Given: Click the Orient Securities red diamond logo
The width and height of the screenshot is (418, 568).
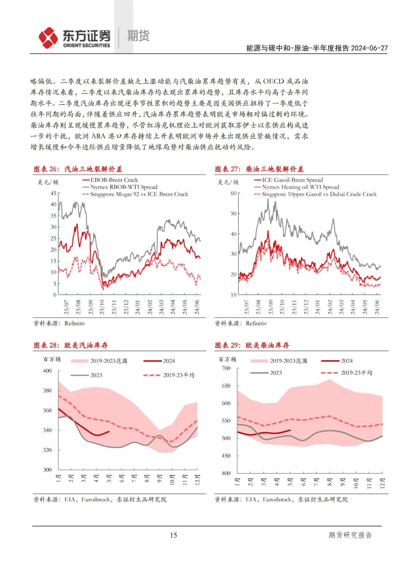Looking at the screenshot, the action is point(48,38).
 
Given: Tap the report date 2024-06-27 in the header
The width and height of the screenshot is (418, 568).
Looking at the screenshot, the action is point(369,48).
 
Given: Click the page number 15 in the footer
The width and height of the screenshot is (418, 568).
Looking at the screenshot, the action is point(173,535).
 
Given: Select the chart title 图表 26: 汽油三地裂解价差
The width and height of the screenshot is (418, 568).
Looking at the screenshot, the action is point(78,169).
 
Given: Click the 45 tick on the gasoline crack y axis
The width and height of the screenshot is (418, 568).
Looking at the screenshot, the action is point(53,193).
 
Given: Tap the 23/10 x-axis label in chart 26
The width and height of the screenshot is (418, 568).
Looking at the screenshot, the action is point(102,307).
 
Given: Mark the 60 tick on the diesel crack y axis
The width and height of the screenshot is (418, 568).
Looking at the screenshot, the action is point(233,193).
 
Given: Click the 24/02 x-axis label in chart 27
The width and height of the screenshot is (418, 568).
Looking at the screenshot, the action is point(330,307).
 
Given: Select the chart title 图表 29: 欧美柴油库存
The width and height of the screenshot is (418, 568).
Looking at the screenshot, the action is point(252,345).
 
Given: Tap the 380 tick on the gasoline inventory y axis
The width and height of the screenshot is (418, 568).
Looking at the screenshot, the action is point(47,391).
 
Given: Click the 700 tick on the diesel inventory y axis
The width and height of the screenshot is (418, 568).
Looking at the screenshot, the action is point(226,368).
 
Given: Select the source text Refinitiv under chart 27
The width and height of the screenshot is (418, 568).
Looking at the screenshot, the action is point(256,323).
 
